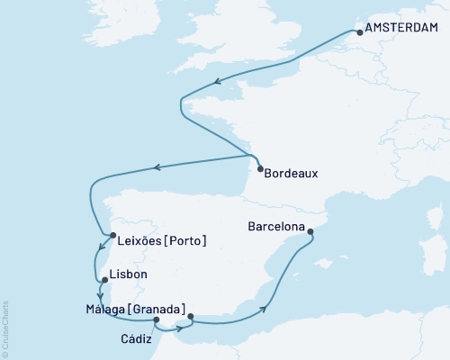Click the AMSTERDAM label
point(404,32)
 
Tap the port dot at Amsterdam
point(358,33)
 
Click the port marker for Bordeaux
point(260,169)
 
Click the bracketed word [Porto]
point(187,240)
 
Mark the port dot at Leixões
point(112,237)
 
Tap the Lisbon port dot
point(105,280)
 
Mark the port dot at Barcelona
point(310,232)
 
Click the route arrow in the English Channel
point(216,83)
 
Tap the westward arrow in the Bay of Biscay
point(157,166)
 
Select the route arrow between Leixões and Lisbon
point(98,251)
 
